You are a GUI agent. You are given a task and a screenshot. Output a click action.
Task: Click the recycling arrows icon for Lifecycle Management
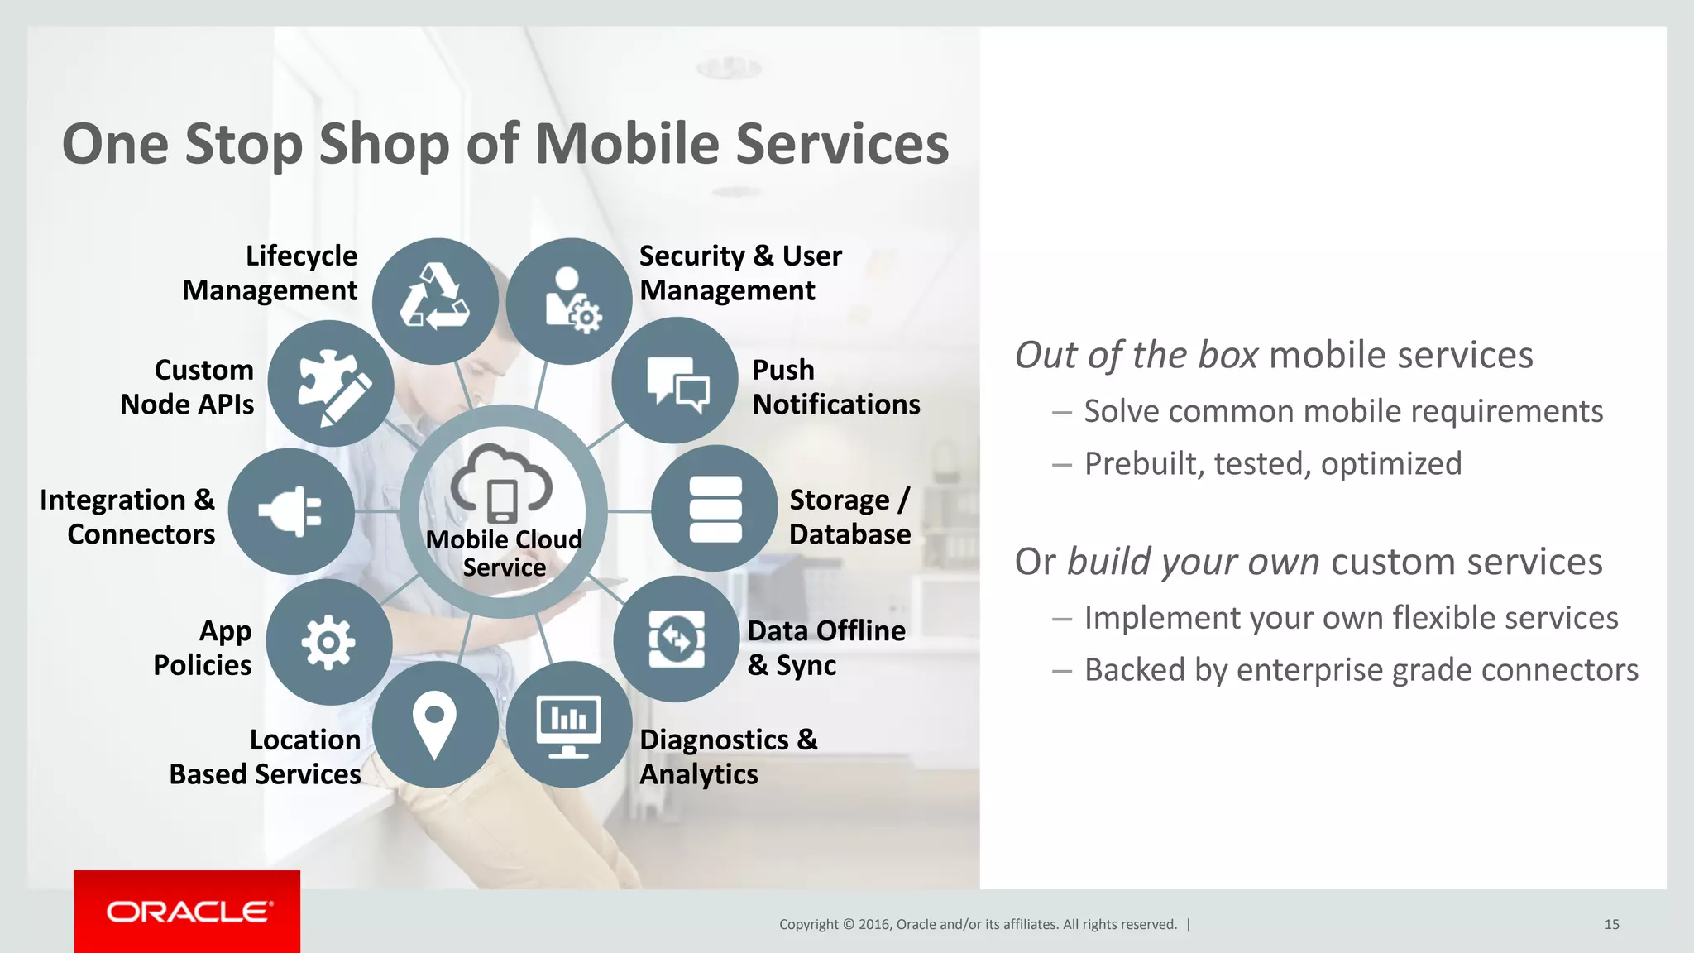tap(435, 299)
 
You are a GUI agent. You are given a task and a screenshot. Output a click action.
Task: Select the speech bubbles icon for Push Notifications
tap(675, 381)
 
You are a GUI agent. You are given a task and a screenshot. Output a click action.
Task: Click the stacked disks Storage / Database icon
tap(715, 509)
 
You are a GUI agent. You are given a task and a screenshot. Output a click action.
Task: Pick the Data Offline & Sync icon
tap(677, 639)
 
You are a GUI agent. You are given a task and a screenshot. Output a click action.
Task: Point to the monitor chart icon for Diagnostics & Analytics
tap(569, 725)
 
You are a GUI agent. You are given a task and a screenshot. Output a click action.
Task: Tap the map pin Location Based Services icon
tap(435, 723)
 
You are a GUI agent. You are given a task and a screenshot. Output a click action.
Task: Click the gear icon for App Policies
tap(329, 642)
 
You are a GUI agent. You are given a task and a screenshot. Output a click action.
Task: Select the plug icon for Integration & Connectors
tap(291, 511)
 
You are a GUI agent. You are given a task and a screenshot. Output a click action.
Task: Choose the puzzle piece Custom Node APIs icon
tap(331, 384)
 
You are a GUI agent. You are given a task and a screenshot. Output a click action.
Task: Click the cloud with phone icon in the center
tap(502, 484)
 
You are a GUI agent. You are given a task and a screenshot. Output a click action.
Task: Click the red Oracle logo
tap(187, 912)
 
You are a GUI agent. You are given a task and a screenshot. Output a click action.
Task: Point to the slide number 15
tap(1611, 924)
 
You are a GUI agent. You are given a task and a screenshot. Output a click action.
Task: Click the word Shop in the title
tap(384, 144)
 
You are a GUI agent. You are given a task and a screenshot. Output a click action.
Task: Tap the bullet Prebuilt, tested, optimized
tap(1272, 463)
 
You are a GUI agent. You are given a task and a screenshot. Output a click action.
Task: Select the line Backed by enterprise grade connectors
tap(1361, 670)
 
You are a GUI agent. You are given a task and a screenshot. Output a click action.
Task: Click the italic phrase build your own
tap(1193, 562)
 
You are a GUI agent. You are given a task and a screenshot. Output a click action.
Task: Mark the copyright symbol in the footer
tap(848, 924)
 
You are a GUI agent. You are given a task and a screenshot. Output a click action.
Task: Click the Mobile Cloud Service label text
tap(504, 553)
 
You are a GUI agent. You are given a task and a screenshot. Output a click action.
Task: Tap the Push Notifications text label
tap(835, 387)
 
